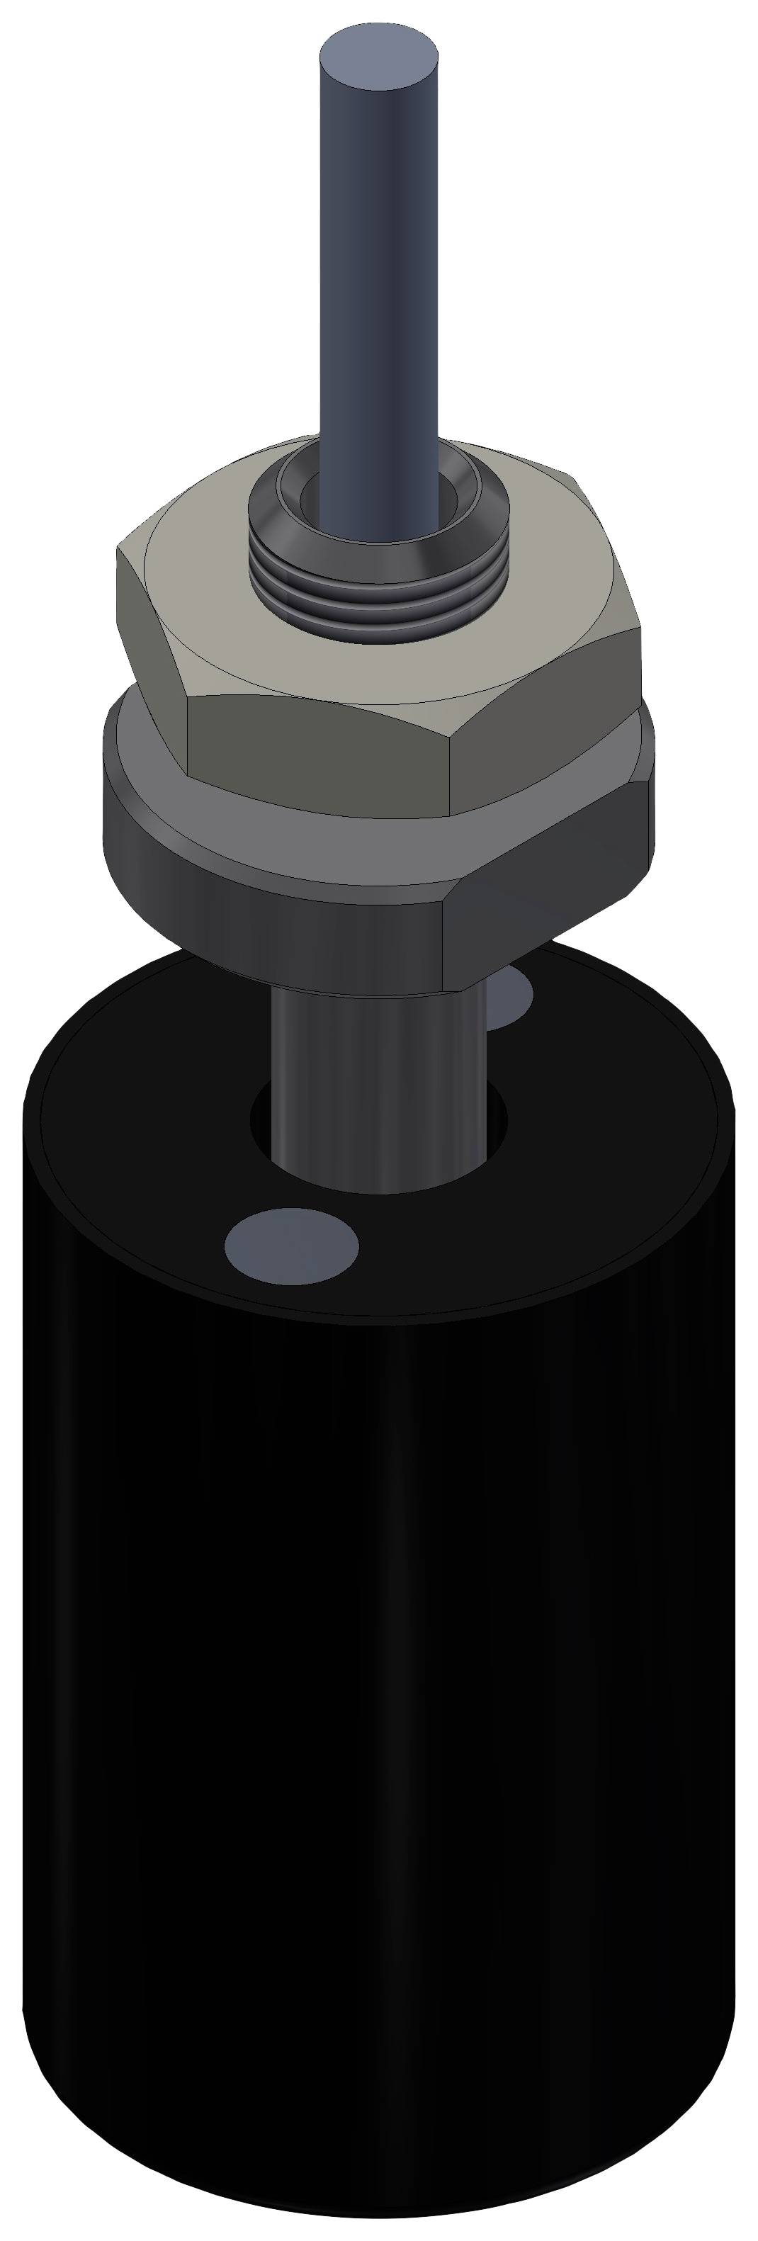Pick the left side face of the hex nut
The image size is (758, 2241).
click(152, 635)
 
